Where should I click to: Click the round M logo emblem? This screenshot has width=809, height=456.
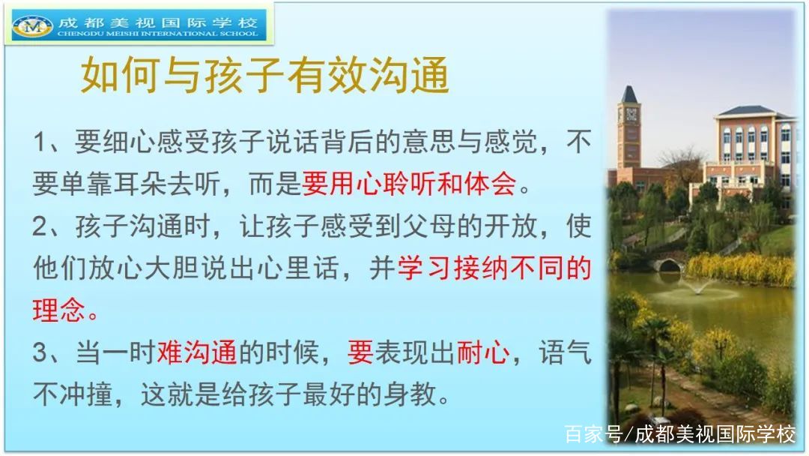click(32, 26)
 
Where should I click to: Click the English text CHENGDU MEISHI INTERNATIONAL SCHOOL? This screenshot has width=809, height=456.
click(157, 34)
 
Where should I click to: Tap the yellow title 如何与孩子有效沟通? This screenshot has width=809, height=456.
click(265, 76)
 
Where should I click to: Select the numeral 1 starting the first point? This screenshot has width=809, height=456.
click(40, 142)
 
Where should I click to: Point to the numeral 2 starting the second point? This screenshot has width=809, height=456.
click(40, 226)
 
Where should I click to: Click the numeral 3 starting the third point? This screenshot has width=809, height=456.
click(40, 353)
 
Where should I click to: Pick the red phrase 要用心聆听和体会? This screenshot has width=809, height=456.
click(409, 184)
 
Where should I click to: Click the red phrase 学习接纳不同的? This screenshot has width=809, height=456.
click(494, 268)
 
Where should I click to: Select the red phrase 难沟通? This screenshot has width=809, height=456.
click(196, 353)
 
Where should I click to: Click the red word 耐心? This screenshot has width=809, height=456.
click(483, 353)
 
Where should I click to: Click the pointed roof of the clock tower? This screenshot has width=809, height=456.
click(629, 94)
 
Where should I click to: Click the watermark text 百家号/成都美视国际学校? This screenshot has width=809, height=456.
click(679, 434)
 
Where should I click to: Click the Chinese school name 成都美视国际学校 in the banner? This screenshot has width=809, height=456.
click(157, 22)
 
